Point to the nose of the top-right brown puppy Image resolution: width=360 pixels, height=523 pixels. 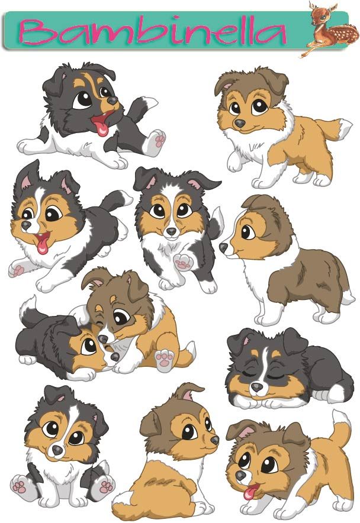coord(239,123)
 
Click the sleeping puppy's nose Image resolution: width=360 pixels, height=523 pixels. coord(256,386)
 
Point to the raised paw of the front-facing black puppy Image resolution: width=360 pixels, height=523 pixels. coord(181,260)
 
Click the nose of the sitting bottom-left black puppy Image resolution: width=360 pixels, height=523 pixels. coord(56,451)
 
